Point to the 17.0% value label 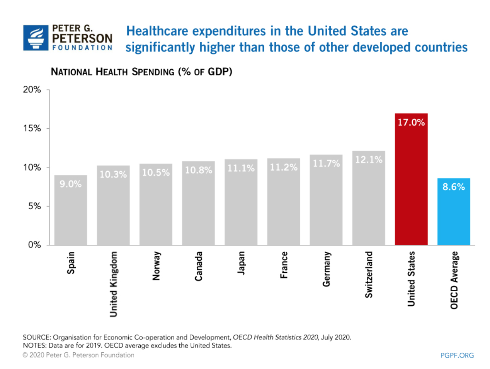click(x=411, y=122)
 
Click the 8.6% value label click(x=454, y=187)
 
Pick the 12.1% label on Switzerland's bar click(x=369, y=159)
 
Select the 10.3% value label click(x=113, y=174)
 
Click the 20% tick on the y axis click(x=32, y=89)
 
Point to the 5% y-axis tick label click(x=34, y=206)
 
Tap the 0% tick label click(x=34, y=244)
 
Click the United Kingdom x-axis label click(x=113, y=284)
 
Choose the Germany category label click(x=327, y=269)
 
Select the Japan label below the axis click(x=241, y=263)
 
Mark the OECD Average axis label click(x=454, y=280)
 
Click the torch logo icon click(x=36, y=38)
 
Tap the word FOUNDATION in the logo click(x=82, y=48)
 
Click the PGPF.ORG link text click(x=457, y=355)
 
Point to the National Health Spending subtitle click(x=141, y=72)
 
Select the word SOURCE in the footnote click(x=37, y=337)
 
